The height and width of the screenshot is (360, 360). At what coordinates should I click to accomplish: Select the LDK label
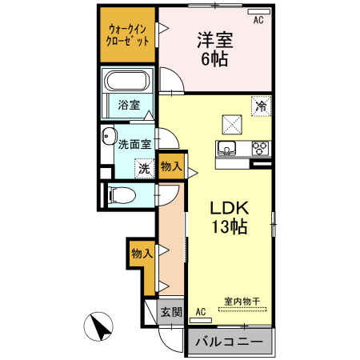[230, 208]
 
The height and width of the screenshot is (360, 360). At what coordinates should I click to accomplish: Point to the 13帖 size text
[230, 226]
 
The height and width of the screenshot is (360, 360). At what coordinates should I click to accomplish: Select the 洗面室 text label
[134, 145]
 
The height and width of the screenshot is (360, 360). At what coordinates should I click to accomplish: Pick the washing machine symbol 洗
[143, 169]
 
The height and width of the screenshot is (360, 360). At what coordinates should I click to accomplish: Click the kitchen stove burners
[261, 147]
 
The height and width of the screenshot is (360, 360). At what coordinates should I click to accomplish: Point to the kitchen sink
[226, 148]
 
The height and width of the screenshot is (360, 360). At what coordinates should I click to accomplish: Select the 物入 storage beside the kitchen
[171, 166]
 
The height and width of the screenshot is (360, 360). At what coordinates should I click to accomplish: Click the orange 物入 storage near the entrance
[141, 254]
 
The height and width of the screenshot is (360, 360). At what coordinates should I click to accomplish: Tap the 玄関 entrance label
[170, 313]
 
